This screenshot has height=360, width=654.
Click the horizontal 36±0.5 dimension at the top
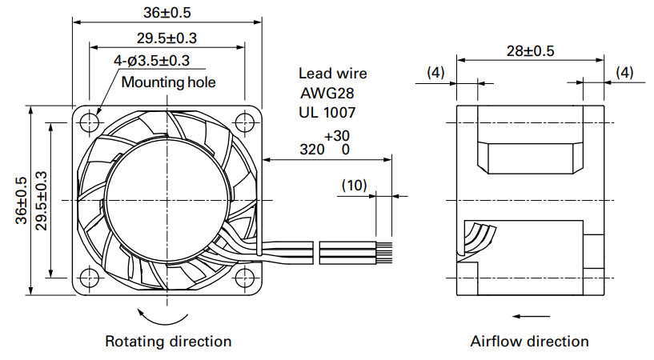coord(167,13)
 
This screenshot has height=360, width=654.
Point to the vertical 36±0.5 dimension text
coord(22,201)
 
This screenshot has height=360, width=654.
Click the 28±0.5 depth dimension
coord(530,51)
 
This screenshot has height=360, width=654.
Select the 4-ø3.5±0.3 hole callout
coord(152,61)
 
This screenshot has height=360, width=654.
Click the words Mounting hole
coord(169,82)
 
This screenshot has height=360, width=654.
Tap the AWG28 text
coord(327,93)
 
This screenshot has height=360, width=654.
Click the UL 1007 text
coord(327,113)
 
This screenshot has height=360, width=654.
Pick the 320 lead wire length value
coord(312,149)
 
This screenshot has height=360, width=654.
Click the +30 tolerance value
coord(337,136)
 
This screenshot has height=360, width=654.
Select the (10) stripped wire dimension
coord(354,185)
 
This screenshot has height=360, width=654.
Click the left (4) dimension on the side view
coord(435,73)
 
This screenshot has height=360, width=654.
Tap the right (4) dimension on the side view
coord(624,73)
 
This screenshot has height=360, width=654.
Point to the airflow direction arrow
coord(531,316)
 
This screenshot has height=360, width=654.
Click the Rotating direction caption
coord(168,342)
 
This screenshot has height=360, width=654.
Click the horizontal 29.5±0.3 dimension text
coord(167,38)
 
